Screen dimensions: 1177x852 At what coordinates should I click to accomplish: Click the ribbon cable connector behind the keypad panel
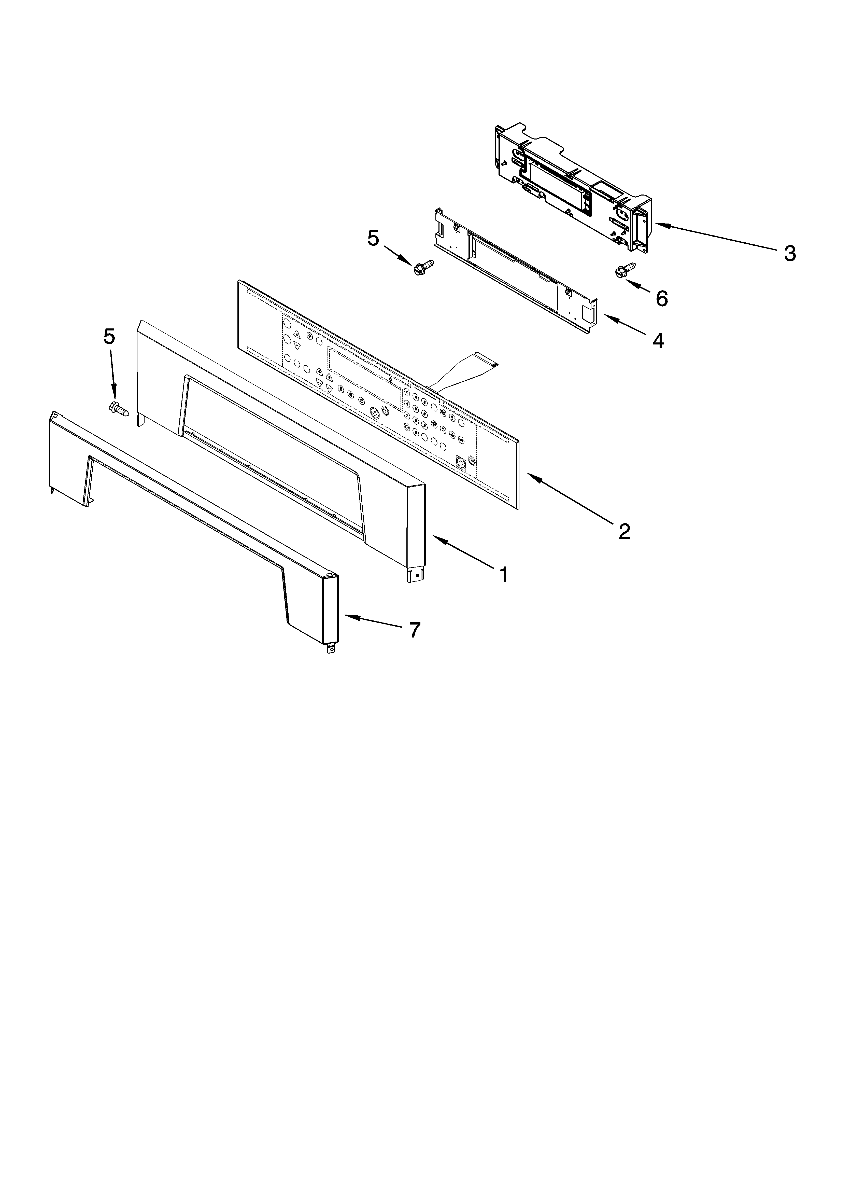pyautogui.click(x=459, y=369)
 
